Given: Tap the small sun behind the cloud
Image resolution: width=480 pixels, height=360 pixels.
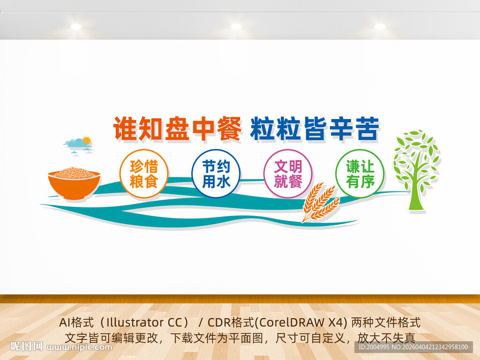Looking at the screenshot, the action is pyautogui.click(x=87, y=141).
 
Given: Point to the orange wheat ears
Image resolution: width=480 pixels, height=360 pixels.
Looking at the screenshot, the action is pyautogui.click(x=320, y=202).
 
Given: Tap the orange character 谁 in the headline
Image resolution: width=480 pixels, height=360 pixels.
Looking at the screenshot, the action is pyautogui.click(x=126, y=128).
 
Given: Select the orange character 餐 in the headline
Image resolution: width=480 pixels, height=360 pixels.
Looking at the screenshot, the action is pyautogui.click(x=229, y=128).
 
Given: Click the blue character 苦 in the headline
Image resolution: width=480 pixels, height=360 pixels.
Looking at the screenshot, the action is pyautogui.click(x=367, y=128).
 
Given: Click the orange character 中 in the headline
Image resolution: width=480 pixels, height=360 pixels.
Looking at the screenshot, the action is pyautogui.click(x=203, y=128).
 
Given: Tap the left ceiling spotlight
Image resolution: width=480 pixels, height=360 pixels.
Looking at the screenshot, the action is pyautogui.click(x=76, y=27).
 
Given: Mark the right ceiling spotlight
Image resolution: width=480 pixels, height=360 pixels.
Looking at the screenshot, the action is pyautogui.click(x=380, y=27).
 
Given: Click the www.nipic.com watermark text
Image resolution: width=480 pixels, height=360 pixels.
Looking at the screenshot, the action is pyautogui.click(x=79, y=347).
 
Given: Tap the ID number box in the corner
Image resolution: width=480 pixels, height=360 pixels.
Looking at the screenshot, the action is pyautogui.click(x=413, y=347).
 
